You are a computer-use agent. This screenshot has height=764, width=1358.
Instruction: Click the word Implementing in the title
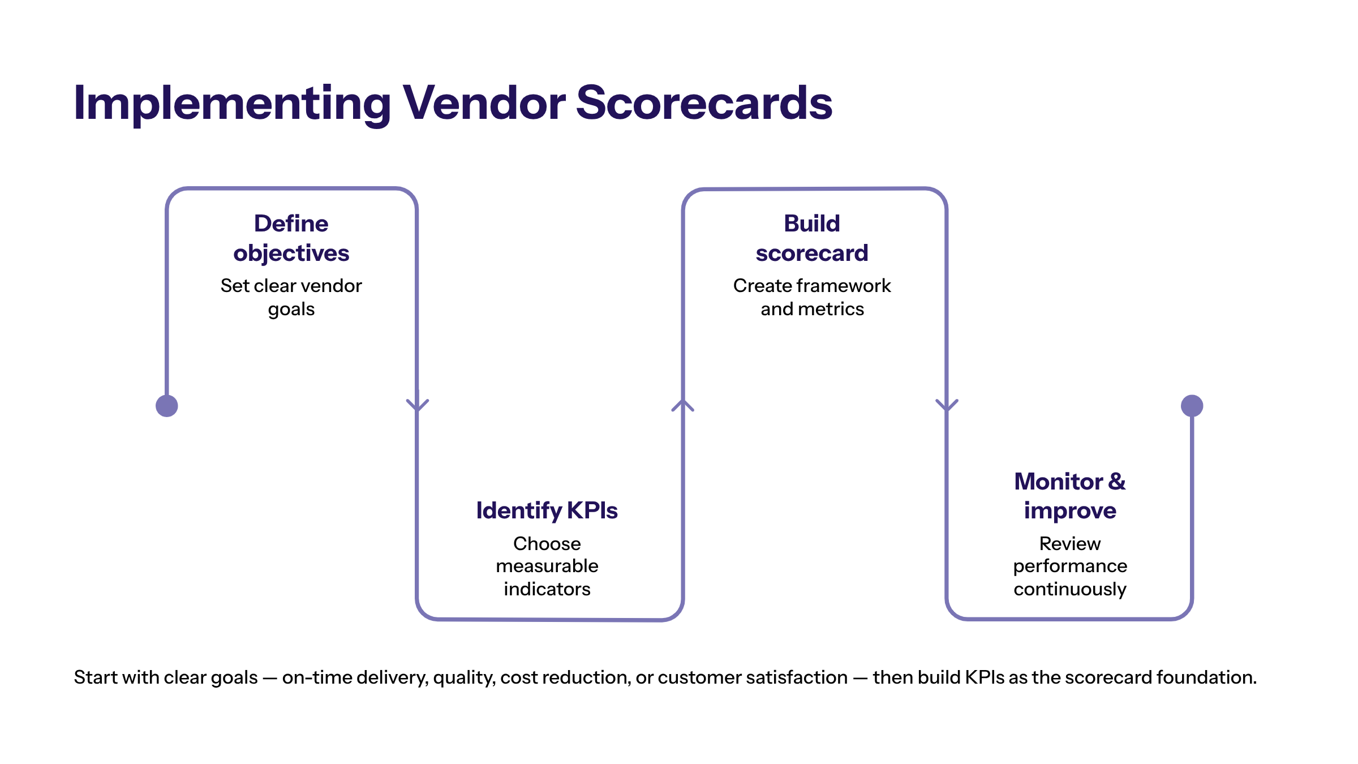click(x=232, y=103)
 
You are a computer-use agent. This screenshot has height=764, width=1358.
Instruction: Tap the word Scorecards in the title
click(x=704, y=103)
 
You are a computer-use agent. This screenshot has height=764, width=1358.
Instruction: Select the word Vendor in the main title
click(x=484, y=103)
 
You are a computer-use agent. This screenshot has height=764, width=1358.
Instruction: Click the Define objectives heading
click(x=291, y=238)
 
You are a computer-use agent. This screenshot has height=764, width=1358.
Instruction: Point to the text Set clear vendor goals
click(x=291, y=297)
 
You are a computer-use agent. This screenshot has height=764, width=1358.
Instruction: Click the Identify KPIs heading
click(x=547, y=510)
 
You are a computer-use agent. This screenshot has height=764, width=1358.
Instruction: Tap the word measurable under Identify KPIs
click(x=547, y=566)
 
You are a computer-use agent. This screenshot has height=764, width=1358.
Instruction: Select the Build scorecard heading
click(x=812, y=238)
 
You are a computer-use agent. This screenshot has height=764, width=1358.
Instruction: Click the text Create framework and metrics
click(x=812, y=297)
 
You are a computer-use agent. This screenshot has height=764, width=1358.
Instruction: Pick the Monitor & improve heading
click(x=1069, y=496)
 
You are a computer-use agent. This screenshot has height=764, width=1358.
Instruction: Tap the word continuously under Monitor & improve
click(x=1069, y=589)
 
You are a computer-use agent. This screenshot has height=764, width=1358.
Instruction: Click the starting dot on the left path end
click(x=167, y=406)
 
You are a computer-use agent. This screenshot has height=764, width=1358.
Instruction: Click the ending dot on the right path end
click(x=1192, y=406)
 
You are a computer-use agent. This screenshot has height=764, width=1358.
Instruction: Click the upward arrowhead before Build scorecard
click(x=683, y=405)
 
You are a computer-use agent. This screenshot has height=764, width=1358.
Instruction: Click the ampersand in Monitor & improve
click(x=1116, y=482)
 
